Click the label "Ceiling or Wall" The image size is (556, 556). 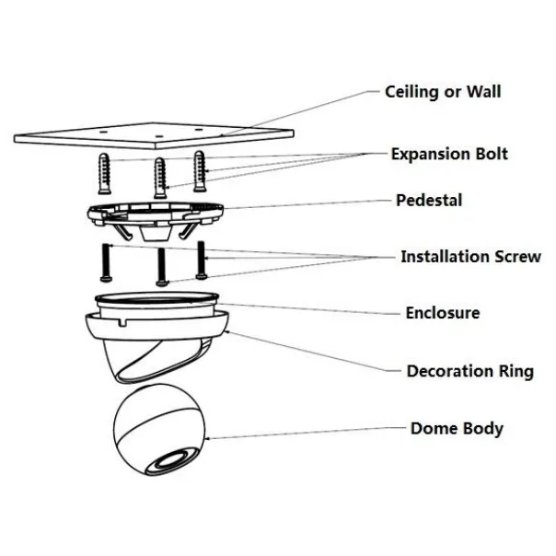click(x=443, y=92)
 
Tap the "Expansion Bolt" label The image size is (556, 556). click(x=449, y=155)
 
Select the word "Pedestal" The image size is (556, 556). click(x=429, y=201)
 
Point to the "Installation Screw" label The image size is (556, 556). click(x=470, y=257)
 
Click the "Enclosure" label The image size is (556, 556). click(x=443, y=313)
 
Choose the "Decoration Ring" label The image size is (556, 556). click(x=470, y=371)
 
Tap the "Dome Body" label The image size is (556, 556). click(x=458, y=429)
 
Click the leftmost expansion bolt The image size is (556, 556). click(x=104, y=174)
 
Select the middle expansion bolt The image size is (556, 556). click(x=160, y=178)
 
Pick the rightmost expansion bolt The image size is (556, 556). click(x=200, y=171)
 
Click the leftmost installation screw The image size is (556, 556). click(x=106, y=262)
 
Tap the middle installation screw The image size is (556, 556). click(x=161, y=267)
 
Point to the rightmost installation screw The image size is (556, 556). click(x=202, y=261)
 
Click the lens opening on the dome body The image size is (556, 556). click(x=173, y=460)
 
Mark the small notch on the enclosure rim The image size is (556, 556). click(x=122, y=321)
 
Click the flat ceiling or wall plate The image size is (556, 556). click(x=154, y=136)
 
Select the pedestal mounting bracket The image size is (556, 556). click(x=155, y=219)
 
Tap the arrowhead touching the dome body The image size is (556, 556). click(x=207, y=439)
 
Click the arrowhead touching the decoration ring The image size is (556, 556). click(x=227, y=332)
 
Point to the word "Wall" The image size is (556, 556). click(x=483, y=91)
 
